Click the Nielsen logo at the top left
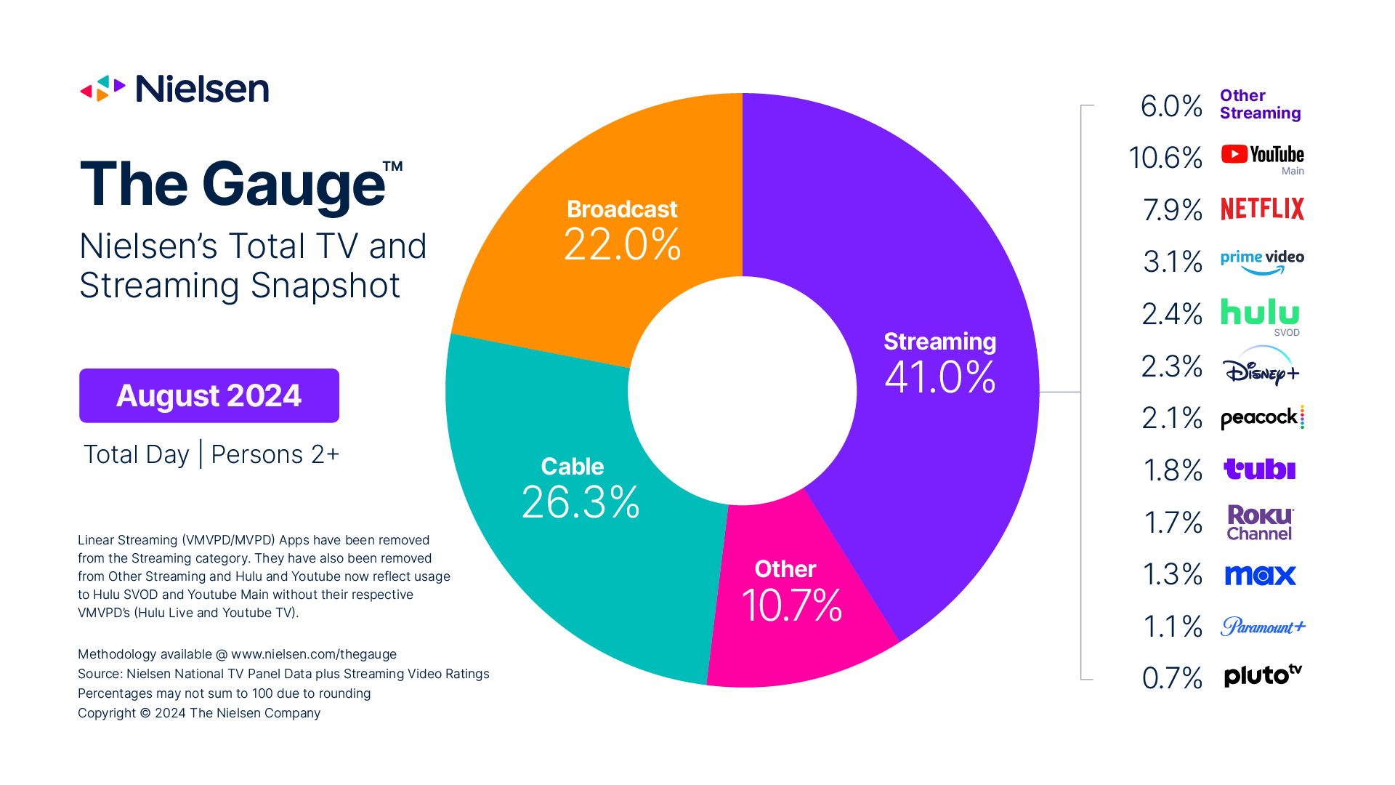coord(174,89)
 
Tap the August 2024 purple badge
coord(209,395)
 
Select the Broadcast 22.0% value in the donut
coord(622,244)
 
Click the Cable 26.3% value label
coord(581,502)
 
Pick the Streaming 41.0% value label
coord(940,377)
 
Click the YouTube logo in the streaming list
coord(1262,155)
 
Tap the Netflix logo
coord(1262,209)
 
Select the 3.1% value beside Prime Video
coord(1172,262)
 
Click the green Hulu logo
coord(1260,313)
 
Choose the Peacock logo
coord(1262,418)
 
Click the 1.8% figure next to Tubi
coord(1172,470)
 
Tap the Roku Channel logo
coord(1260,523)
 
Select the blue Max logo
coord(1260,575)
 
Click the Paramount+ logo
coord(1262,627)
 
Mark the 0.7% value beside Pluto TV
coord(1172,678)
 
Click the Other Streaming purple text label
coord(1260,105)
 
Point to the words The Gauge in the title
coord(232,185)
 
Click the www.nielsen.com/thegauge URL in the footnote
coord(314,654)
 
